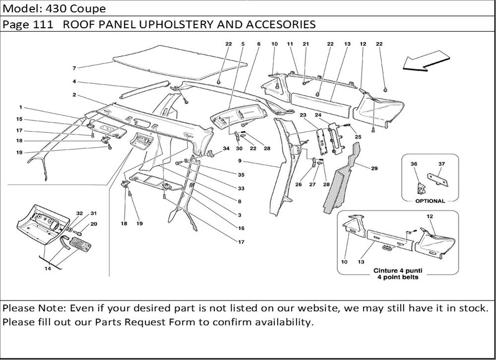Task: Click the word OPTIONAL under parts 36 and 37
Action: tap(430, 201)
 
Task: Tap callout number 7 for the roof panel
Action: tap(74, 67)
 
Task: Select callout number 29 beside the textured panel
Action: tap(374, 169)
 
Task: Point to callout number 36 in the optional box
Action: tap(414, 164)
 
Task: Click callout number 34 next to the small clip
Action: tap(226, 148)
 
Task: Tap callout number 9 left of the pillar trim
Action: tap(239, 161)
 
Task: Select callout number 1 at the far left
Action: tap(21, 107)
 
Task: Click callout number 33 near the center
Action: tap(241, 188)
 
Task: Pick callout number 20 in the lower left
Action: tap(93, 224)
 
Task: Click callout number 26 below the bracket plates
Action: tap(299, 184)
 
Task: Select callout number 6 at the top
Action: tap(259, 44)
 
